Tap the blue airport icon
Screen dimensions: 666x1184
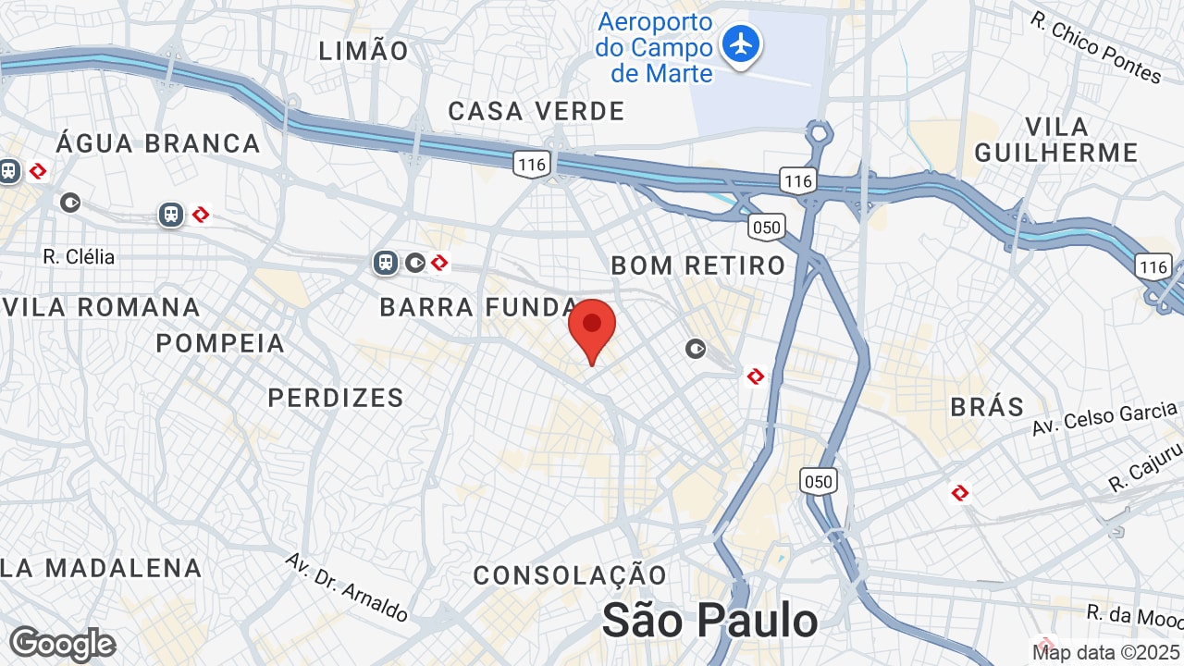pos(740,43)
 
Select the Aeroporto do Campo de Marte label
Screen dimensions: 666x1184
pos(655,48)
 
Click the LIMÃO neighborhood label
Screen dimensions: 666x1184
pos(364,51)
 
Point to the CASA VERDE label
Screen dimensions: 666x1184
pos(536,111)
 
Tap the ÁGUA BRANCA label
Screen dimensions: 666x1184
pos(158,143)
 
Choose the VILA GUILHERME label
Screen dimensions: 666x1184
pos(1056,139)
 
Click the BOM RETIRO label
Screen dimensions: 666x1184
pos(698,265)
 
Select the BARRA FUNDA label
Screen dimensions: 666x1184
pos(479,307)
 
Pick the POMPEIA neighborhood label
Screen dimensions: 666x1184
pos(220,343)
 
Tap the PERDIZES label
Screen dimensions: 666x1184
pos(336,398)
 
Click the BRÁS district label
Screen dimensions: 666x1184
pos(988,407)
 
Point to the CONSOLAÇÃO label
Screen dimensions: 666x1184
pos(570,575)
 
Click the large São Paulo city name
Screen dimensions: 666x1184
pos(709,620)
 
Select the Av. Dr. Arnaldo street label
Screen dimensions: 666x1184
pos(347,587)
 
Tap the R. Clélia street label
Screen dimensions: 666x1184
pos(79,256)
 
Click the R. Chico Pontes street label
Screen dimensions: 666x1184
pos(1096,47)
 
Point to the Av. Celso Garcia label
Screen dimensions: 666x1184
pos(1106,418)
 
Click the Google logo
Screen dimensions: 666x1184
pos(62,644)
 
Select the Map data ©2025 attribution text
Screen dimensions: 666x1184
pos(1106,652)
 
